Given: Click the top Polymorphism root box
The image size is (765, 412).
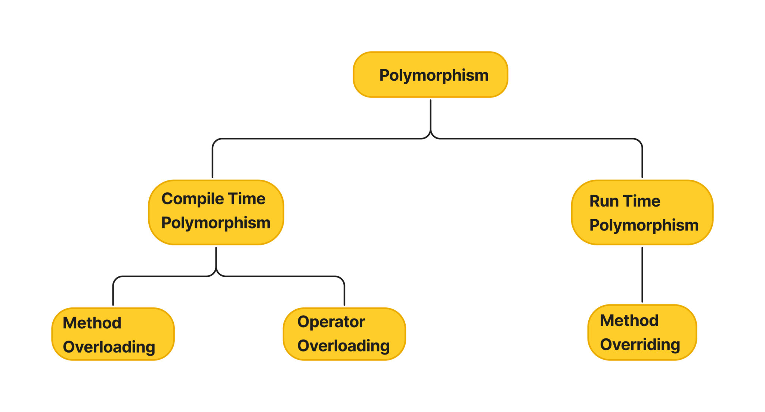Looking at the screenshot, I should [x=430, y=75].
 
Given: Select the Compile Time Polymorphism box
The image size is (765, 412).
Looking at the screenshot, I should [x=216, y=212].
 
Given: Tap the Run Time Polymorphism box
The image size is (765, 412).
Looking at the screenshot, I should [x=642, y=213].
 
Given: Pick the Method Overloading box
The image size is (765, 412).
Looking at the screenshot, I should [x=113, y=334].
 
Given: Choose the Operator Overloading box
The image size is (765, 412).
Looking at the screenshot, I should [x=344, y=334].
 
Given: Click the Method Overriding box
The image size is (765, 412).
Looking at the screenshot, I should [x=642, y=332].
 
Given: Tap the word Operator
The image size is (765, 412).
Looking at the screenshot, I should [x=331, y=322].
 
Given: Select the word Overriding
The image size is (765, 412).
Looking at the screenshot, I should [x=640, y=344].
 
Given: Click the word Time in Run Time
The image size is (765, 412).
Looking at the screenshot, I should [x=641, y=201].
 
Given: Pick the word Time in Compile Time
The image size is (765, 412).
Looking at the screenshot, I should [x=247, y=199].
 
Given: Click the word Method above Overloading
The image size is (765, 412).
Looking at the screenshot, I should [x=92, y=323].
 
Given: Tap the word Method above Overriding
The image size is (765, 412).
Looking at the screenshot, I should [x=629, y=320].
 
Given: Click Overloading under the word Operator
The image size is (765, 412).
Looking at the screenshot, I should [x=343, y=346].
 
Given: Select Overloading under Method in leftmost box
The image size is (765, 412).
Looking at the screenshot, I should [x=109, y=347].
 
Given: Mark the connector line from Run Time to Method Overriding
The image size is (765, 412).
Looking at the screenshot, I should [x=642, y=275].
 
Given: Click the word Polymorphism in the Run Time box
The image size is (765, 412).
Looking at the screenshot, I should [x=644, y=225].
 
